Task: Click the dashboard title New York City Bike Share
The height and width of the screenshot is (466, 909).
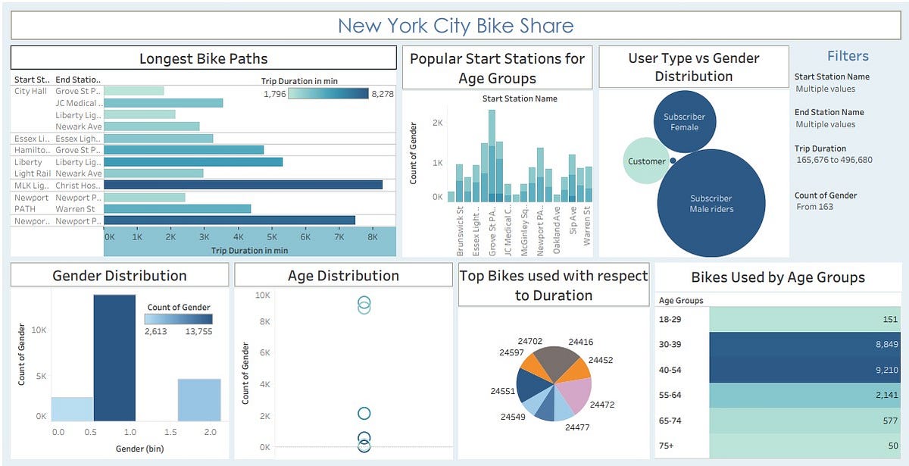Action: [x=454, y=26]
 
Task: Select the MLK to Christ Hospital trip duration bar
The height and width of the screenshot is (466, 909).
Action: [x=242, y=185]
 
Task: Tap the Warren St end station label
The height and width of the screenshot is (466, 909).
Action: [x=75, y=209]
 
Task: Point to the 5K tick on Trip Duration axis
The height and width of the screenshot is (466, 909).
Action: [x=272, y=237]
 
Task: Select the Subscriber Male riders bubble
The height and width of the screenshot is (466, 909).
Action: [x=711, y=204]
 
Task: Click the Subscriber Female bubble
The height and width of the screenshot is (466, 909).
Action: [x=684, y=122]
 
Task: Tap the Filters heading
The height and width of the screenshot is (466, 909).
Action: [x=848, y=56]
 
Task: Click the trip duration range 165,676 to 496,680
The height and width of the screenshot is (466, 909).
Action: [x=834, y=160]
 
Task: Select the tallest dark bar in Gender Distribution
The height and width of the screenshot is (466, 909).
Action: [x=114, y=357]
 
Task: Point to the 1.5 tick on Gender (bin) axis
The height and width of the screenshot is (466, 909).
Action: [x=170, y=432]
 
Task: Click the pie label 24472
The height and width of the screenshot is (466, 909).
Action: [x=602, y=405]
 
